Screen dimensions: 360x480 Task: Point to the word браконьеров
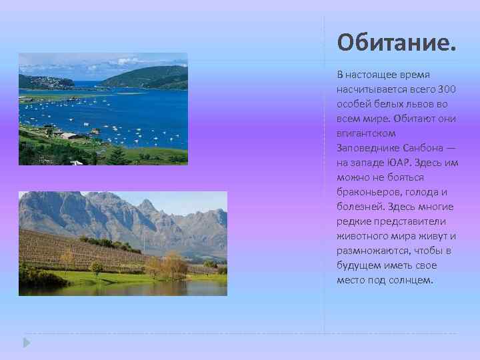pyautogui.click(x=366, y=192)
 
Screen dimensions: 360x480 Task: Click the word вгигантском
pyautogui.click(x=362, y=133)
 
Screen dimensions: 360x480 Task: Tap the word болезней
pyautogui.click(x=359, y=207)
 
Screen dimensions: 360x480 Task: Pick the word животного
pyautogui.click(x=361, y=236)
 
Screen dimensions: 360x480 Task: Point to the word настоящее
pyautogui.click(x=371, y=75)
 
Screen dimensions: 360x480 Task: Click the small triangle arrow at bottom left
pyautogui.click(x=26, y=342)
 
